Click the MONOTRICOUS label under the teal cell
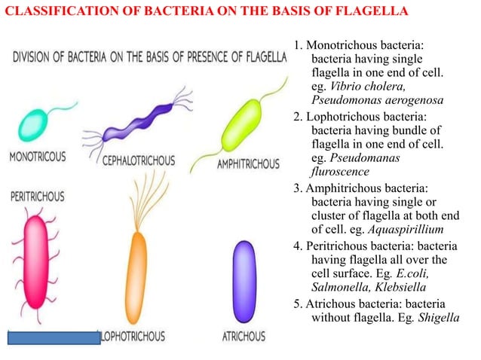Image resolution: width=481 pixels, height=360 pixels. coord(37,157)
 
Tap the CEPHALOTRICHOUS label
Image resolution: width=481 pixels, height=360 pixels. coord(138,161)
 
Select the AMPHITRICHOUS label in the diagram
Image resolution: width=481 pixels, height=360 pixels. coord(247,163)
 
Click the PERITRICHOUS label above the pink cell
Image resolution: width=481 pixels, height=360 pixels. coord(37,197)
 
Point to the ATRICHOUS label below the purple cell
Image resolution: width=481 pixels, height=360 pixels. coord(244,336)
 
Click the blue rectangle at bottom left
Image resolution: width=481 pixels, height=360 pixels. coord(54,337)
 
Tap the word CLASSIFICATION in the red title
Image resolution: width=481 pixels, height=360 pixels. coord(55,13)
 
